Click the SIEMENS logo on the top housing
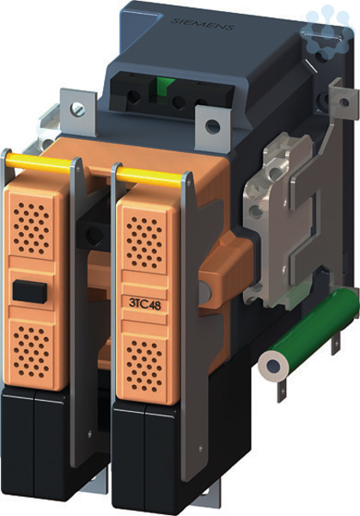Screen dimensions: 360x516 pyautogui.click(x=203, y=24)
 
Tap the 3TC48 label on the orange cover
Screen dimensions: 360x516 pyautogui.click(x=145, y=304)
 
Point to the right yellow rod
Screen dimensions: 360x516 pyautogui.click(x=149, y=176)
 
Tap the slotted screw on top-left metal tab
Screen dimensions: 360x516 pyautogui.click(x=78, y=109)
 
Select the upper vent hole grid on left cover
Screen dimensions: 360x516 pyautogui.click(x=32, y=228)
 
